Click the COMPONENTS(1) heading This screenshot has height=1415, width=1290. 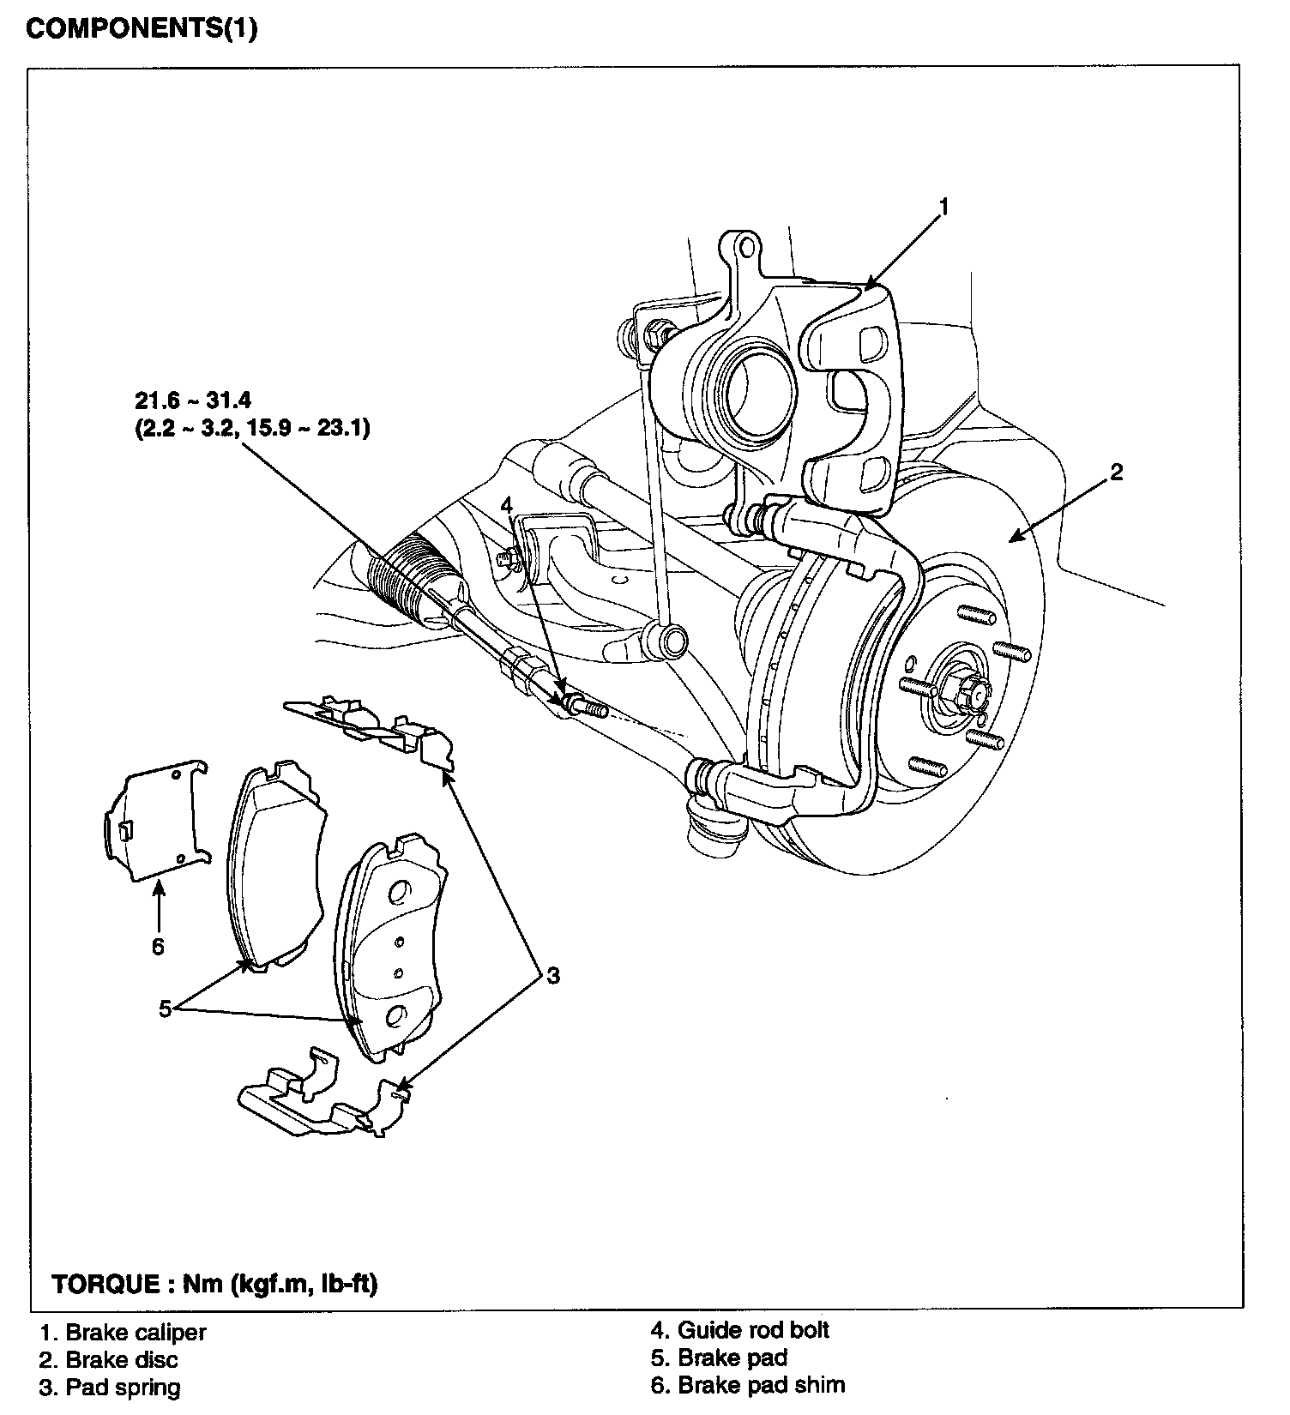[x=142, y=28]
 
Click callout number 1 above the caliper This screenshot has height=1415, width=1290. [x=943, y=207]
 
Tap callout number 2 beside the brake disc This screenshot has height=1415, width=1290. [x=1116, y=472]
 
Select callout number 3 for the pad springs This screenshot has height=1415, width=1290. [x=553, y=975]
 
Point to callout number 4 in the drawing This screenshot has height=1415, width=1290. [x=507, y=505]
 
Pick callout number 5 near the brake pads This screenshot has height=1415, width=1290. [x=166, y=1009]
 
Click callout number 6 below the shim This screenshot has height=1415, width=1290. [x=158, y=946]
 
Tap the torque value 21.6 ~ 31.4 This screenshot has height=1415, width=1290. [x=192, y=400]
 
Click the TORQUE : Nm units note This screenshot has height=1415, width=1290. [x=215, y=1284]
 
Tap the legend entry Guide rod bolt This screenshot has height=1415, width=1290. [x=740, y=1330]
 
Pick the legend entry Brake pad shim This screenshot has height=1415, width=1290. [x=748, y=1385]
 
